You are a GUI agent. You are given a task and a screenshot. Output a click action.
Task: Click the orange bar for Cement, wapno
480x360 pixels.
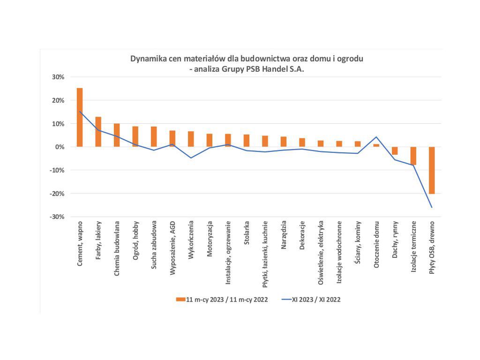[x=80, y=117]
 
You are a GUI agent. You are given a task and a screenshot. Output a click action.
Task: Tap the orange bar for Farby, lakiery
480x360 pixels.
[x=98, y=132]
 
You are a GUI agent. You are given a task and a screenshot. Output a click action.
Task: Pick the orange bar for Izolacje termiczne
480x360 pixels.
[x=413, y=156]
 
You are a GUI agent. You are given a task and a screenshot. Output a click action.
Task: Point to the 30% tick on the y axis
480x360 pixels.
[x=58, y=77]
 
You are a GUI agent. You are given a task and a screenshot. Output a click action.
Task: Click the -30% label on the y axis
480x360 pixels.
[x=57, y=217]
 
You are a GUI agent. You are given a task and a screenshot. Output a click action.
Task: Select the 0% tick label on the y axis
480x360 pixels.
[x=60, y=147]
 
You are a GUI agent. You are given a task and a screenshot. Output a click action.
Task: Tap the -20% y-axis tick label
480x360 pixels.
[x=57, y=193]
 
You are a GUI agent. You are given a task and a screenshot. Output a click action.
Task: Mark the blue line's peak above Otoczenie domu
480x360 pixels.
[x=376, y=137]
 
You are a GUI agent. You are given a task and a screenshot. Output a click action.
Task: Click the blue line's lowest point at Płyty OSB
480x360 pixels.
[x=432, y=207]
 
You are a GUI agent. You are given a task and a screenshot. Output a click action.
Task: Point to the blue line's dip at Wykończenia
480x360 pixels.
[x=191, y=157]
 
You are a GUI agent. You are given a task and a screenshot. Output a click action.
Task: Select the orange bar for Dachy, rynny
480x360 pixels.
[x=395, y=150]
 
